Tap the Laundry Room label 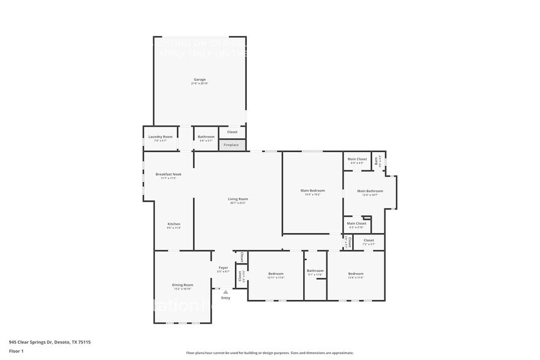(160, 137)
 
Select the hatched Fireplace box (231, 145)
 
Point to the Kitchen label (174, 225)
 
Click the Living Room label (238, 200)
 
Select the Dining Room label (182, 285)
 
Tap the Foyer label (223, 268)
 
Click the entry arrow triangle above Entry (225, 292)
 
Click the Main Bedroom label (312, 191)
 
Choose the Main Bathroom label (370, 191)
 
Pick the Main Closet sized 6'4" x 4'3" (357, 160)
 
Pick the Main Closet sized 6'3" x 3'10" (356, 224)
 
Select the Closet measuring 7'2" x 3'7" (369, 241)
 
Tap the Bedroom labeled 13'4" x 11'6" (356, 274)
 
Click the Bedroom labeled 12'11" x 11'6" (276, 274)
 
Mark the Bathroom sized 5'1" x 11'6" (315, 272)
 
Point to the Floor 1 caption (16, 351)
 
